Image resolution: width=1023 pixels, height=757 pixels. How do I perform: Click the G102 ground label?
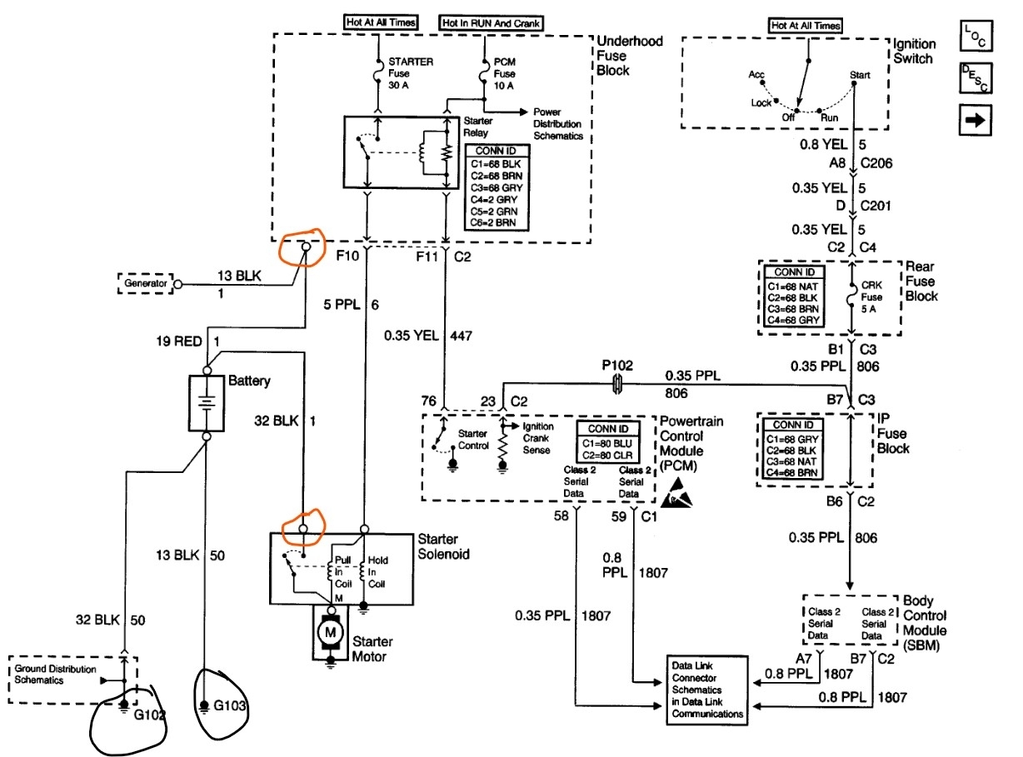(145, 712)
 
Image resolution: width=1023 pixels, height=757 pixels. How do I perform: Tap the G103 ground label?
(229, 707)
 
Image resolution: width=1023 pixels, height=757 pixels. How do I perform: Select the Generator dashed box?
(146, 283)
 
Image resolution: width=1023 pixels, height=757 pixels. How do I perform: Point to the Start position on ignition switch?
(860, 74)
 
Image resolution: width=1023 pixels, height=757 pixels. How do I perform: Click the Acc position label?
(756, 74)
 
